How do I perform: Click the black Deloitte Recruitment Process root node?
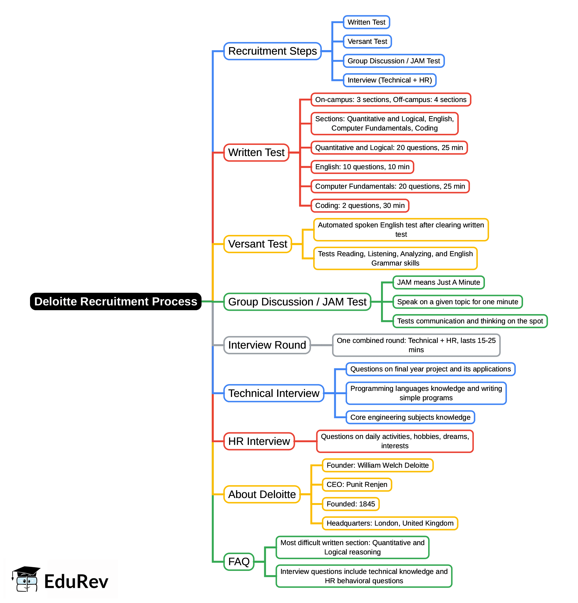(116, 301)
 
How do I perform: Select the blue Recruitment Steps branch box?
(272, 51)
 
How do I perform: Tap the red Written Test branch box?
(256, 152)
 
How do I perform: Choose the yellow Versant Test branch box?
(257, 244)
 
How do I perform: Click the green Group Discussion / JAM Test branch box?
(297, 302)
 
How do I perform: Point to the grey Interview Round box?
(267, 345)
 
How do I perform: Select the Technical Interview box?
(274, 393)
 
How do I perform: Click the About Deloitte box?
(262, 494)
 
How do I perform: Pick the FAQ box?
(239, 562)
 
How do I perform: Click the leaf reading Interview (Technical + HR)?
(389, 80)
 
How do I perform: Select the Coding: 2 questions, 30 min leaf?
(360, 205)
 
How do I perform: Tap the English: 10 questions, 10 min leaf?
(362, 167)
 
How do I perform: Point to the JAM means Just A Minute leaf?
(438, 282)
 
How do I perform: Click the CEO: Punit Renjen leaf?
(357, 484)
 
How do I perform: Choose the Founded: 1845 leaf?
(350, 504)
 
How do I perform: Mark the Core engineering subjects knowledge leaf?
(410, 417)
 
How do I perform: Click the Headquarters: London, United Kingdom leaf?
(390, 523)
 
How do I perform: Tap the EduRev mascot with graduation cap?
(26, 579)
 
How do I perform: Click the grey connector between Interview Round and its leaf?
(321, 345)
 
